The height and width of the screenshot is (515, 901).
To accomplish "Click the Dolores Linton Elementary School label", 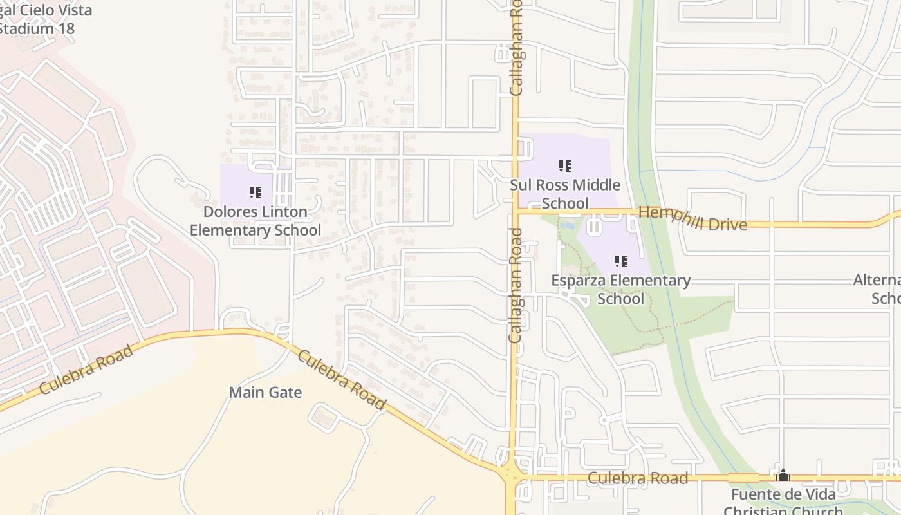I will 255,221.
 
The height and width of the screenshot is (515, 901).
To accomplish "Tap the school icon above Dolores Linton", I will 255,192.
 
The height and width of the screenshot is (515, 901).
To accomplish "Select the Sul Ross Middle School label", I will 565,194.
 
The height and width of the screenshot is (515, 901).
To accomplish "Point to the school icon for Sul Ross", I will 565,166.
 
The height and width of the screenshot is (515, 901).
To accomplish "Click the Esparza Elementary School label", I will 620,290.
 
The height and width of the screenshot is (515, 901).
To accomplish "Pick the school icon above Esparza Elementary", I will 620,261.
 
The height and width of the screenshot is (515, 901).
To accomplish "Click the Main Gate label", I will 265,392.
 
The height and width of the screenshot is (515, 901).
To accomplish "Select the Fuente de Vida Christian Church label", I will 783,503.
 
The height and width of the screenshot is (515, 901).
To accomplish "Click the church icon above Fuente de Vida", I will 783,476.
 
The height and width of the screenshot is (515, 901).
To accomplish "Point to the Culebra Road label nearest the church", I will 638,478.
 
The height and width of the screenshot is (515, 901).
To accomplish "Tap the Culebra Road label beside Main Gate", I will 342,380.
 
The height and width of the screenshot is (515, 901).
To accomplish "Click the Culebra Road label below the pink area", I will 86,370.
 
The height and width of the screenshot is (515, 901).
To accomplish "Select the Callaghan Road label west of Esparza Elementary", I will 515,285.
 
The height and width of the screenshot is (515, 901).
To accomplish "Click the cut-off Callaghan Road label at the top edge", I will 516,48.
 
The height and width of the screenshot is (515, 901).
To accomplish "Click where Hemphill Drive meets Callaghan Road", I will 516,211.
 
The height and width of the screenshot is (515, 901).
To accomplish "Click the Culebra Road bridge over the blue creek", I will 743,478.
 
